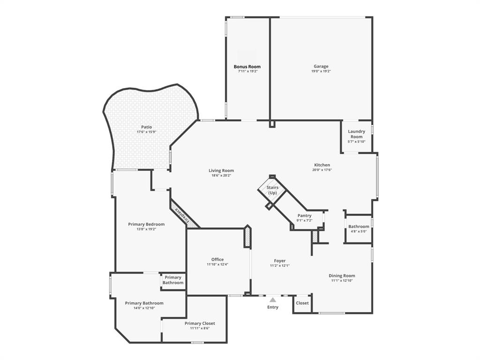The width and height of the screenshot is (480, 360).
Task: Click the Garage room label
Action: (x=321, y=67)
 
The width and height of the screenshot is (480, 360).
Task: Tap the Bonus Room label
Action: (x=247, y=67)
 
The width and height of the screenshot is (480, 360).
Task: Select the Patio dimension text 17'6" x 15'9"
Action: (x=146, y=132)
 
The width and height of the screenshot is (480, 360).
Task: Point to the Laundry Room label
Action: (x=357, y=134)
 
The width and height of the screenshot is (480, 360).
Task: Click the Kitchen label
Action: (x=322, y=165)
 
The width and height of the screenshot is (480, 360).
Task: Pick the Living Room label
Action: (x=221, y=171)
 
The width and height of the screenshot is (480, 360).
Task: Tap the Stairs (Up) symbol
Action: (x=272, y=190)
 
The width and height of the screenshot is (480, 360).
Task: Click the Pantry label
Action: (x=304, y=216)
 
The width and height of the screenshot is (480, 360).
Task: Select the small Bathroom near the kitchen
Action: (x=359, y=227)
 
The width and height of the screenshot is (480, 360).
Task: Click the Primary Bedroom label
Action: (x=146, y=225)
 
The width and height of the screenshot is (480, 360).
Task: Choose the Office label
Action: (x=217, y=260)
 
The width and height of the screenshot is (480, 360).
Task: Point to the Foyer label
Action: (x=280, y=261)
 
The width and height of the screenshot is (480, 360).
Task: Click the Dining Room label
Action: (x=342, y=276)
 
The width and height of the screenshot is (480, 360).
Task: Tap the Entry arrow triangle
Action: (x=272, y=300)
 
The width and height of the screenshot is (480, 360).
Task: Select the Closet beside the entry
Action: (x=302, y=303)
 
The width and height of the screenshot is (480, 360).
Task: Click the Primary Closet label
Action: (x=200, y=323)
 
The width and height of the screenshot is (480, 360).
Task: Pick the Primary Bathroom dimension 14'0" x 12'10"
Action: (x=144, y=308)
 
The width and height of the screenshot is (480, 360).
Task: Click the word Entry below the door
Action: (x=272, y=307)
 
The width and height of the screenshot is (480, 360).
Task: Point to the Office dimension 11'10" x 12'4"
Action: (x=217, y=264)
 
